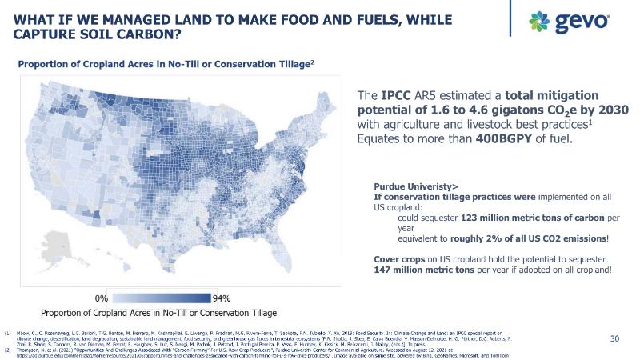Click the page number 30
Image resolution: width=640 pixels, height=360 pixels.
(x=615, y=339)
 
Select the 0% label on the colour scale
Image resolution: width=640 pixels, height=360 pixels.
(x=102, y=298)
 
